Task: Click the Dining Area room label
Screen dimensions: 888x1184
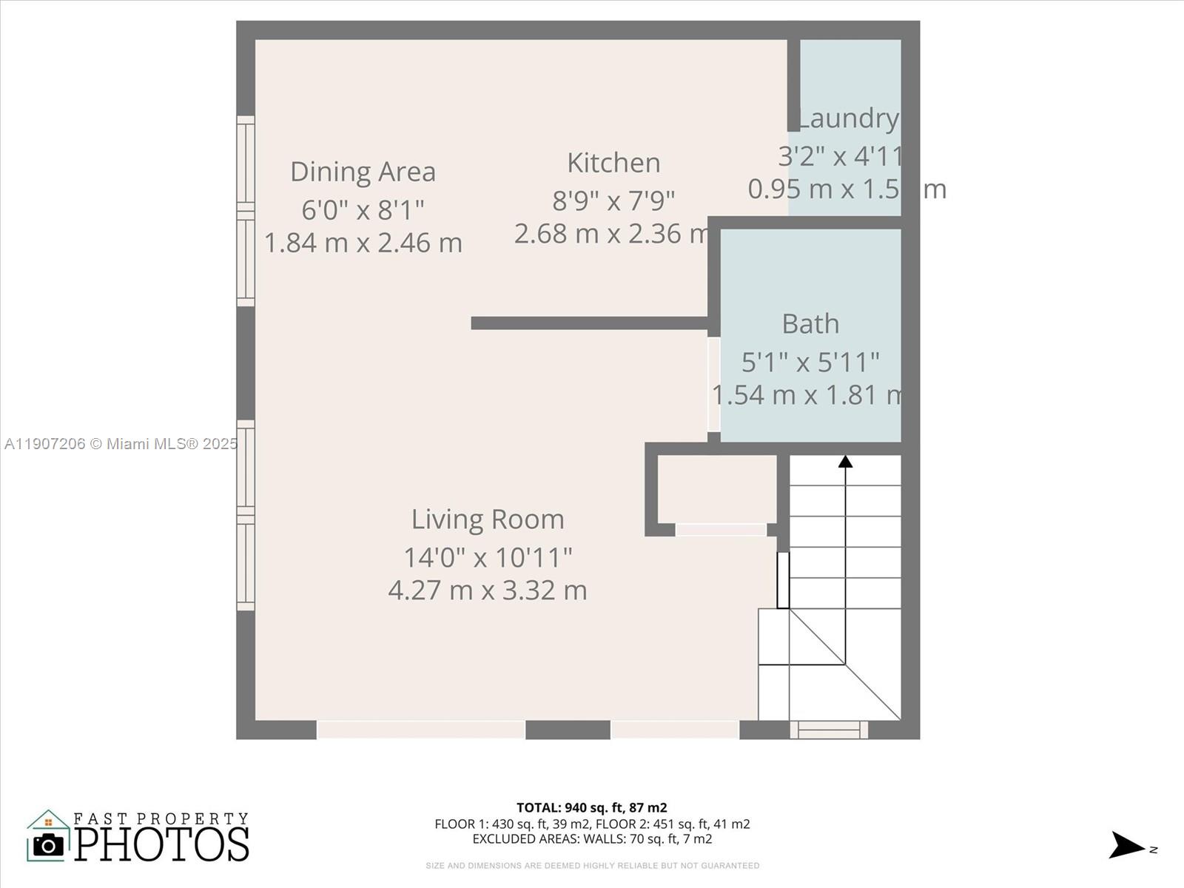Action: pos(363,172)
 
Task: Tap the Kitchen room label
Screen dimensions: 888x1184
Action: pos(613,163)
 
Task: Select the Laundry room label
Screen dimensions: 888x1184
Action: pos(849,118)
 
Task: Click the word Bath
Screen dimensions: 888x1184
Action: pos(810,324)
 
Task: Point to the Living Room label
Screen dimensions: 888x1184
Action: pos(488,519)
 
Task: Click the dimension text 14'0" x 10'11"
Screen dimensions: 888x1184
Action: pos(488,557)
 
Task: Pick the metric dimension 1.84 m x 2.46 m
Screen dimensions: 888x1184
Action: pos(363,243)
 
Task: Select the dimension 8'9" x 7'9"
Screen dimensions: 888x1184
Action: pos(613,201)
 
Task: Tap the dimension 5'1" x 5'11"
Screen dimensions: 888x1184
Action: pos(810,363)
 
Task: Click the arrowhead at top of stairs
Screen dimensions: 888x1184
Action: pos(845,462)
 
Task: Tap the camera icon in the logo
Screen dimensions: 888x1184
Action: pos(49,844)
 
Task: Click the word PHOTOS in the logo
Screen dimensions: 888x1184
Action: pos(161,844)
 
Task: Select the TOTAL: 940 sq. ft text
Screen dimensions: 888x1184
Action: pos(591,807)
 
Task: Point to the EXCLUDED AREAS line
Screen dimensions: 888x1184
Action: pos(591,839)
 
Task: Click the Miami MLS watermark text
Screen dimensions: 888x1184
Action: pos(121,444)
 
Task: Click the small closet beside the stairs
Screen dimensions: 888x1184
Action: pos(716,489)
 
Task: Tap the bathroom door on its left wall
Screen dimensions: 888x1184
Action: pos(713,385)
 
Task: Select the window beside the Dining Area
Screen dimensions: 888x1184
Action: pos(245,211)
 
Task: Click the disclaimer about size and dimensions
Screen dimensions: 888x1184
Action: pos(591,865)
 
